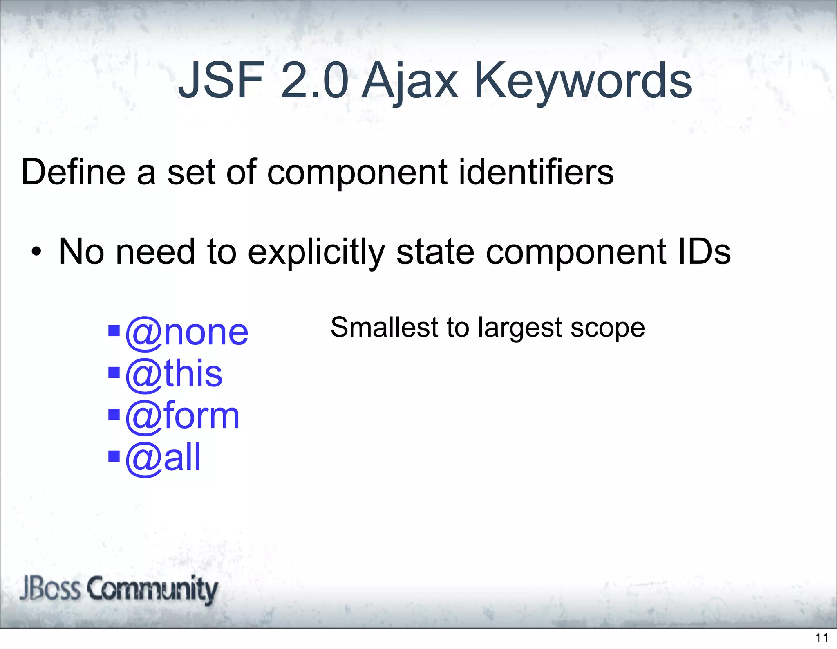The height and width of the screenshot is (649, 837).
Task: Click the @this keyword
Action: (174, 374)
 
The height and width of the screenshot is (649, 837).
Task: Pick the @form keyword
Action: (182, 416)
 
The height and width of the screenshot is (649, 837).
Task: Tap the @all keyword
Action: (163, 458)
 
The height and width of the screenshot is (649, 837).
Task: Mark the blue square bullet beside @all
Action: (114, 456)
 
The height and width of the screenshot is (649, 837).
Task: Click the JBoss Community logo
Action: (119, 589)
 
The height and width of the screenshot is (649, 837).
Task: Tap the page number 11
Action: (822, 638)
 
